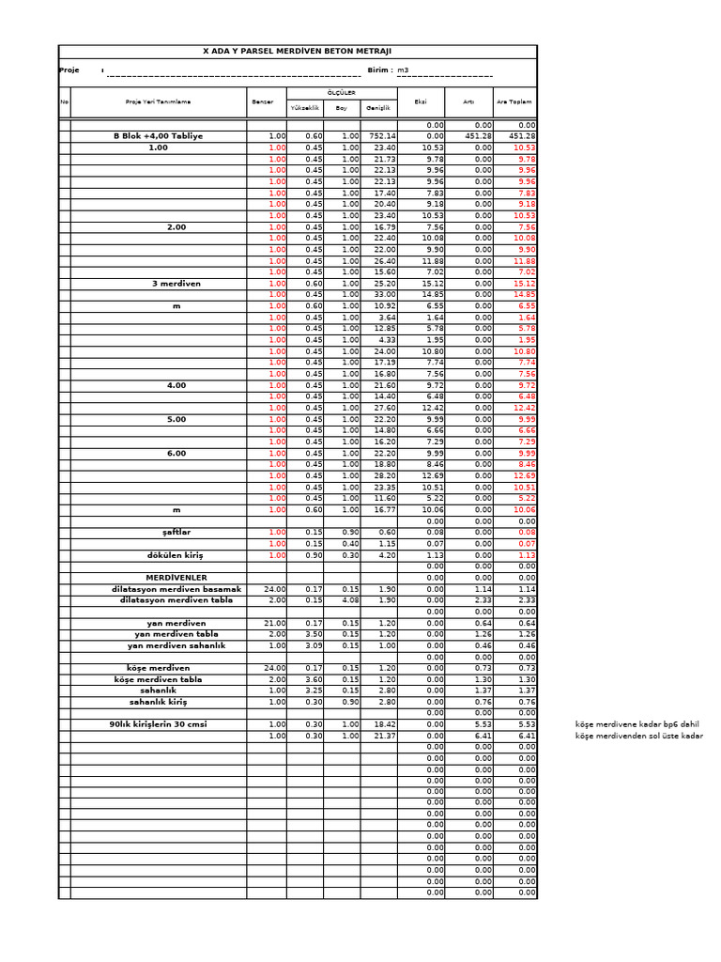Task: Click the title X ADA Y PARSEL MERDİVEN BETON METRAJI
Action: tap(298, 52)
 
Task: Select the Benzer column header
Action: tap(262, 101)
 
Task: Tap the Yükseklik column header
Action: tap(305, 108)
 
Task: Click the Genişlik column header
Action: tap(377, 108)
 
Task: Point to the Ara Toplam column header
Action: tap(514, 101)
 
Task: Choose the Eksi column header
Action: tap(421, 101)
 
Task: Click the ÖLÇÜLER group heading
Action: tap(341, 93)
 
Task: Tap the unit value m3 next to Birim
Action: tap(404, 70)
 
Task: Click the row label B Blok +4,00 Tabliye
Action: tap(158, 136)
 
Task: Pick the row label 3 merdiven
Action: tap(176, 283)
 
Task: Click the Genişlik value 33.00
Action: tap(385, 295)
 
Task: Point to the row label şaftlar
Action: tap(176, 533)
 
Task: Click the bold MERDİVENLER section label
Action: tap(176, 578)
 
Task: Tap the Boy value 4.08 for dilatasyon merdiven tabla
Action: tap(348, 600)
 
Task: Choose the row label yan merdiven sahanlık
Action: tap(176, 645)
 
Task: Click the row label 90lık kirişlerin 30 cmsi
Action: tap(158, 724)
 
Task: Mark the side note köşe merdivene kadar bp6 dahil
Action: tap(637, 724)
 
